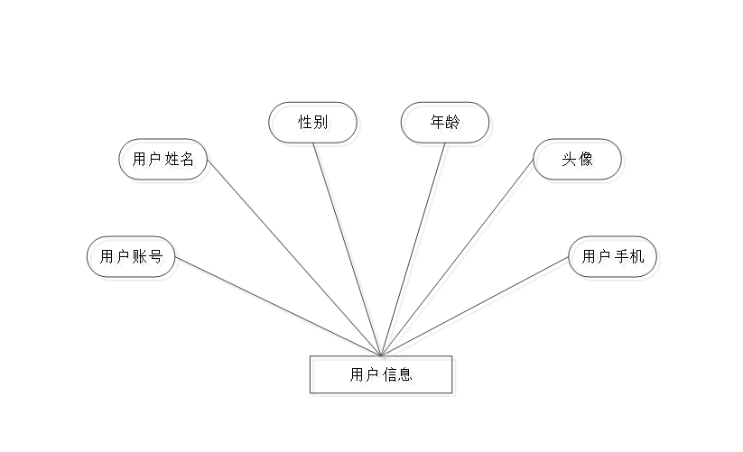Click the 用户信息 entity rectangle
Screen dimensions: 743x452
pos(383,376)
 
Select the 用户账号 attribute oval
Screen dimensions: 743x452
pos(133,260)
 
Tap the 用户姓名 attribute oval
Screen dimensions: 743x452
pos(166,162)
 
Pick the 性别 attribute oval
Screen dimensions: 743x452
pos(315,125)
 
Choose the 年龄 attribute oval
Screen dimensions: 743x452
pos(448,125)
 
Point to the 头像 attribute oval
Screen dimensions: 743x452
pos(580,162)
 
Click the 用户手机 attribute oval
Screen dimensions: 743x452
pos(616,260)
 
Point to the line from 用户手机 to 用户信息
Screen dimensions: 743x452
pos(478,307)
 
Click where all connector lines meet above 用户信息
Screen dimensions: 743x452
pos(384,354)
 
